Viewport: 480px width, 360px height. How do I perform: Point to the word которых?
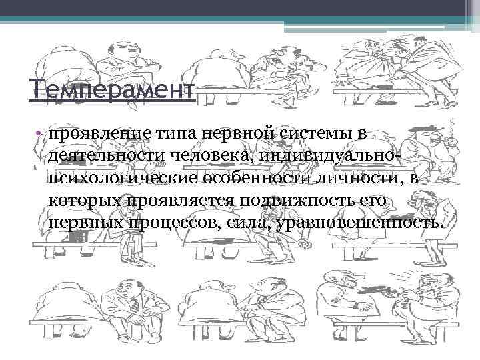point(83,201)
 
